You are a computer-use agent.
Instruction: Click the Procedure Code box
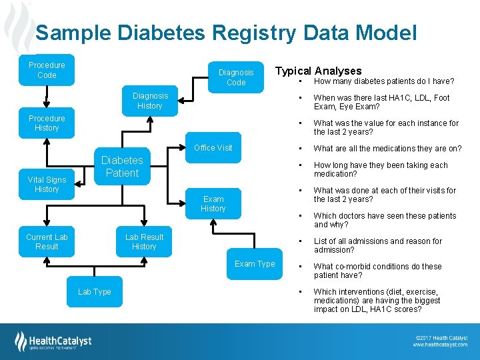47,70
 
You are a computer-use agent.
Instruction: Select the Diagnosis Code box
236,77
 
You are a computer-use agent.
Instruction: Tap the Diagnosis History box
150,101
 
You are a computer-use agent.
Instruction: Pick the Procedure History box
47,123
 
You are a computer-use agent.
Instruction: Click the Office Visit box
213,148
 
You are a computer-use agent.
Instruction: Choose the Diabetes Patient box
122,167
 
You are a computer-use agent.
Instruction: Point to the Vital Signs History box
47,185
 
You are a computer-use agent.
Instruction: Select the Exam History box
213,203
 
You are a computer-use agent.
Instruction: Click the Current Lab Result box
47,242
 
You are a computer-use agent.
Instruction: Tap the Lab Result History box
144,242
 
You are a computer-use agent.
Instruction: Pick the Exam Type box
255,264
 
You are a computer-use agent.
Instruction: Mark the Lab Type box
95,292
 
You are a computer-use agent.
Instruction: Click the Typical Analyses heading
319,71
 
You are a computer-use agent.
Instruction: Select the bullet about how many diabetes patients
383,81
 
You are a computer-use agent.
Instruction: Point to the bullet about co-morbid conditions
377,271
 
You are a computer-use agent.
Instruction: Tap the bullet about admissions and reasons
377,245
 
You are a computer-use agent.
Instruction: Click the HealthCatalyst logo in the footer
53,341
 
